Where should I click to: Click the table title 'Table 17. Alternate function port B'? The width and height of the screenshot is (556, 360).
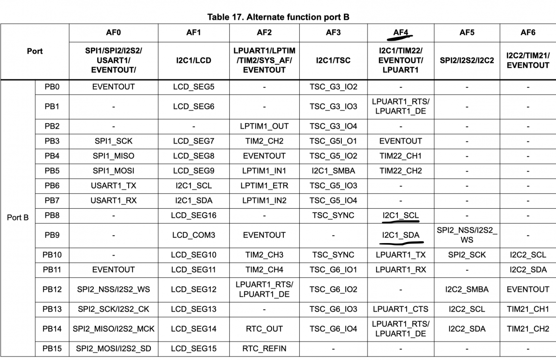coord(278,17)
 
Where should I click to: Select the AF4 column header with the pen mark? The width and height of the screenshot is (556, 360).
coord(401,33)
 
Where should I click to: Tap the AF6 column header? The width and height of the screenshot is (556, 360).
coord(528,33)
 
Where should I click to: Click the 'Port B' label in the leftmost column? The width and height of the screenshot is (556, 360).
coord(18,217)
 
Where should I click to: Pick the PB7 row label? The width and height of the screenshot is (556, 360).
coord(52,201)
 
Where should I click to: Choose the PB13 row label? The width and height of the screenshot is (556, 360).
coord(52,309)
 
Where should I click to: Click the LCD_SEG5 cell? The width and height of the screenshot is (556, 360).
coord(193,87)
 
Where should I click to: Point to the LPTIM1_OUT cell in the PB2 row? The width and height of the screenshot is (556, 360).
coord(264,126)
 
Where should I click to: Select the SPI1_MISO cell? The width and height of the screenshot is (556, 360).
coord(113,156)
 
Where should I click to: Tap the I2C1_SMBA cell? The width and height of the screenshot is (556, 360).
coord(333,171)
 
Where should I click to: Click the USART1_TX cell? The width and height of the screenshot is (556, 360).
coord(113,186)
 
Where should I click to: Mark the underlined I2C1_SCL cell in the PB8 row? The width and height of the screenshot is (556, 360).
coord(401,216)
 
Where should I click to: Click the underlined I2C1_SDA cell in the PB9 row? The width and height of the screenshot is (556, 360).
coord(401,235)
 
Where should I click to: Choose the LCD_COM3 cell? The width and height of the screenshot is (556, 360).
coord(193,235)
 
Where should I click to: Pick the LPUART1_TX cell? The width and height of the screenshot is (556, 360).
coord(401,255)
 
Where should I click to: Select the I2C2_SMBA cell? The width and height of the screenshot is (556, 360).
coord(467,289)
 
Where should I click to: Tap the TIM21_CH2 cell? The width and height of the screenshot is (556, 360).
coord(528,329)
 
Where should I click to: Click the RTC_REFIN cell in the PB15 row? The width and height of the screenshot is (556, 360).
coord(264,348)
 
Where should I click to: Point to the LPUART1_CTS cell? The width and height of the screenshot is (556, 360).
coord(401,309)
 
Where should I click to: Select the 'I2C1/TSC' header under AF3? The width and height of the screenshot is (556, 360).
coord(333,61)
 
